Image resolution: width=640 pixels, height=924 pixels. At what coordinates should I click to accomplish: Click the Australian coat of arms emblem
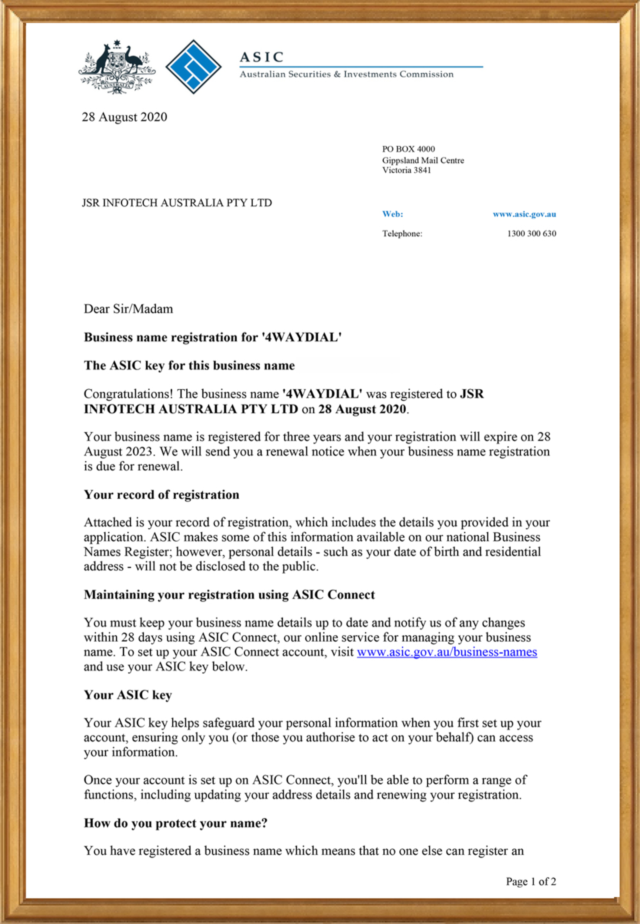coord(117,67)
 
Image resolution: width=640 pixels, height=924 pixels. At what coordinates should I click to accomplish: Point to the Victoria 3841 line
coord(406,170)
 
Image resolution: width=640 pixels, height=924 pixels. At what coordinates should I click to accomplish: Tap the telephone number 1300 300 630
coord(531,233)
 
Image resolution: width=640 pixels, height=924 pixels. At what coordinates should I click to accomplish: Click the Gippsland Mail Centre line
coord(423,160)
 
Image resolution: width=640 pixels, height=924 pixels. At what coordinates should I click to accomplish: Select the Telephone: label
coord(402,233)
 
